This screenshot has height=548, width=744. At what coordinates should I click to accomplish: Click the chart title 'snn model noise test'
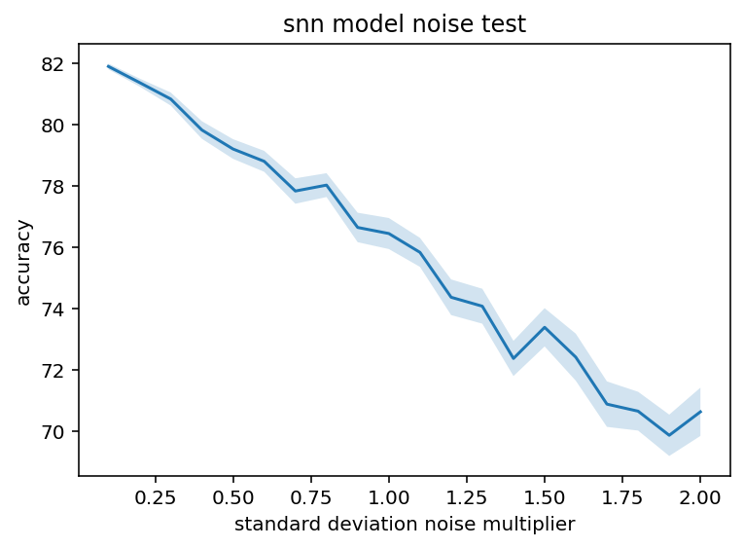point(404,24)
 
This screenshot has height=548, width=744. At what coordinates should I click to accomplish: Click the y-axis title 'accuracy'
point(24,262)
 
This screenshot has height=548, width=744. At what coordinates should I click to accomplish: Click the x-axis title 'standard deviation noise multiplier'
point(404,525)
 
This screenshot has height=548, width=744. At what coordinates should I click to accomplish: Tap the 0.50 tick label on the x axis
point(233,495)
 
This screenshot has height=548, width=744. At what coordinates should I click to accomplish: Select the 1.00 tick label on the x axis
point(389,495)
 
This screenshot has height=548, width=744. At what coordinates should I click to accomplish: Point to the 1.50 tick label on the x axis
point(545,495)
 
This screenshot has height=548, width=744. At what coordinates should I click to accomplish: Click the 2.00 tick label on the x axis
point(700,495)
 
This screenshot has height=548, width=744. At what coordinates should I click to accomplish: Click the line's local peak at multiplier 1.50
point(545,327)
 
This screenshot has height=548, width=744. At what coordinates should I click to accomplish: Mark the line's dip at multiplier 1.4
point(514,358)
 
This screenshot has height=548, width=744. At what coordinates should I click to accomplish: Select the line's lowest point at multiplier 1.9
point(669,435)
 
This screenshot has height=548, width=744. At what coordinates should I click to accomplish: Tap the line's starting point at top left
point(109,66)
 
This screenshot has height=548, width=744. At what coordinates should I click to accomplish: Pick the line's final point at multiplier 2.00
point(700,412)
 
